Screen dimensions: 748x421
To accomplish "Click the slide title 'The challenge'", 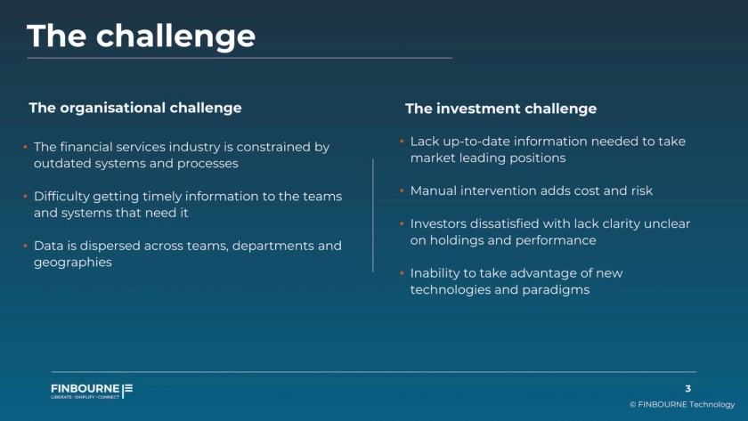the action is click(x=142, y=36).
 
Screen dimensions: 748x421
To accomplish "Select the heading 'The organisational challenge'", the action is click(x=135, y=109).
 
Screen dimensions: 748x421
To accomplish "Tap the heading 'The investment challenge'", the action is click(x=500, y=109).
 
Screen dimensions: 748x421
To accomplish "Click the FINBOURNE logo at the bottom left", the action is click(x=92, y=391).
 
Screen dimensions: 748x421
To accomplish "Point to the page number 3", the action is click(x=687, y=389).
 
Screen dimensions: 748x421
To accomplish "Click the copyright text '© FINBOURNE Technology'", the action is click(x=682, y=404).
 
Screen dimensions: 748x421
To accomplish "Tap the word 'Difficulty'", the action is click(x=61, y=197).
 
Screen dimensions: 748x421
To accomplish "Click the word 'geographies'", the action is click(x=73, y=263).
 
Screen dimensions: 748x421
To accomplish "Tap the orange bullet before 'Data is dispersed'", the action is click(x=25, y=246).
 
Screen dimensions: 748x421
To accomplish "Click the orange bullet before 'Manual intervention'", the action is click(x=402, y=190).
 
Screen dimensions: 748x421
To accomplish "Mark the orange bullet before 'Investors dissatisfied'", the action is click(x=402, y=223).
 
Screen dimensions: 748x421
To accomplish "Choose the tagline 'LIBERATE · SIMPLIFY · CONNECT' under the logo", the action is click(x=85, y=397).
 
